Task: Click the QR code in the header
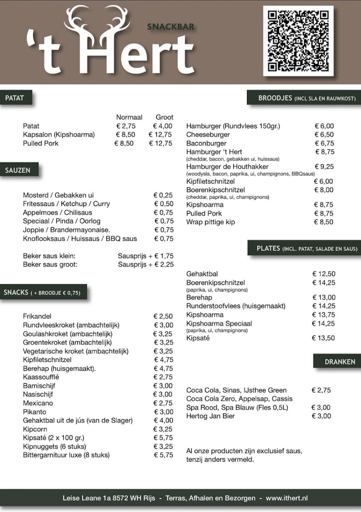click(x=298, y=41)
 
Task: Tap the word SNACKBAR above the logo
click(x=171, y=27)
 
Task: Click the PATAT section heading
click(x=15, y=98)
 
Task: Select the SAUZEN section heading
click(x=18, y=170)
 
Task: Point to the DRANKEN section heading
click(x=340, y=362)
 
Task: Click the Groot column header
click(x=164, y=117)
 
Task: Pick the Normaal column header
click(x=129, y=117)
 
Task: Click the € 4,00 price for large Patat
click(x=163, y=126)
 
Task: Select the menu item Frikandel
click(x=37, y=316)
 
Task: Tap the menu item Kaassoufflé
click(x=41, y=377)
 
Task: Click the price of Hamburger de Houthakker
click(x=324, y=167)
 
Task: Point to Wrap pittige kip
click(x=210, y=222)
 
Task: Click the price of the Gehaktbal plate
click(x=324, y=274)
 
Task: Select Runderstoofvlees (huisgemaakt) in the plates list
click(x=236, y=306)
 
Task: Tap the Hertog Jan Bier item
click(x=210, y=416)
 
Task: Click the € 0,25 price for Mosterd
click(x=163, y=195)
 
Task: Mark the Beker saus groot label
click(x=50, y=265)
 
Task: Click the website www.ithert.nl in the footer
click(x=287, y=498)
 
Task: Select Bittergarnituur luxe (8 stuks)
click(x=66, y=455)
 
